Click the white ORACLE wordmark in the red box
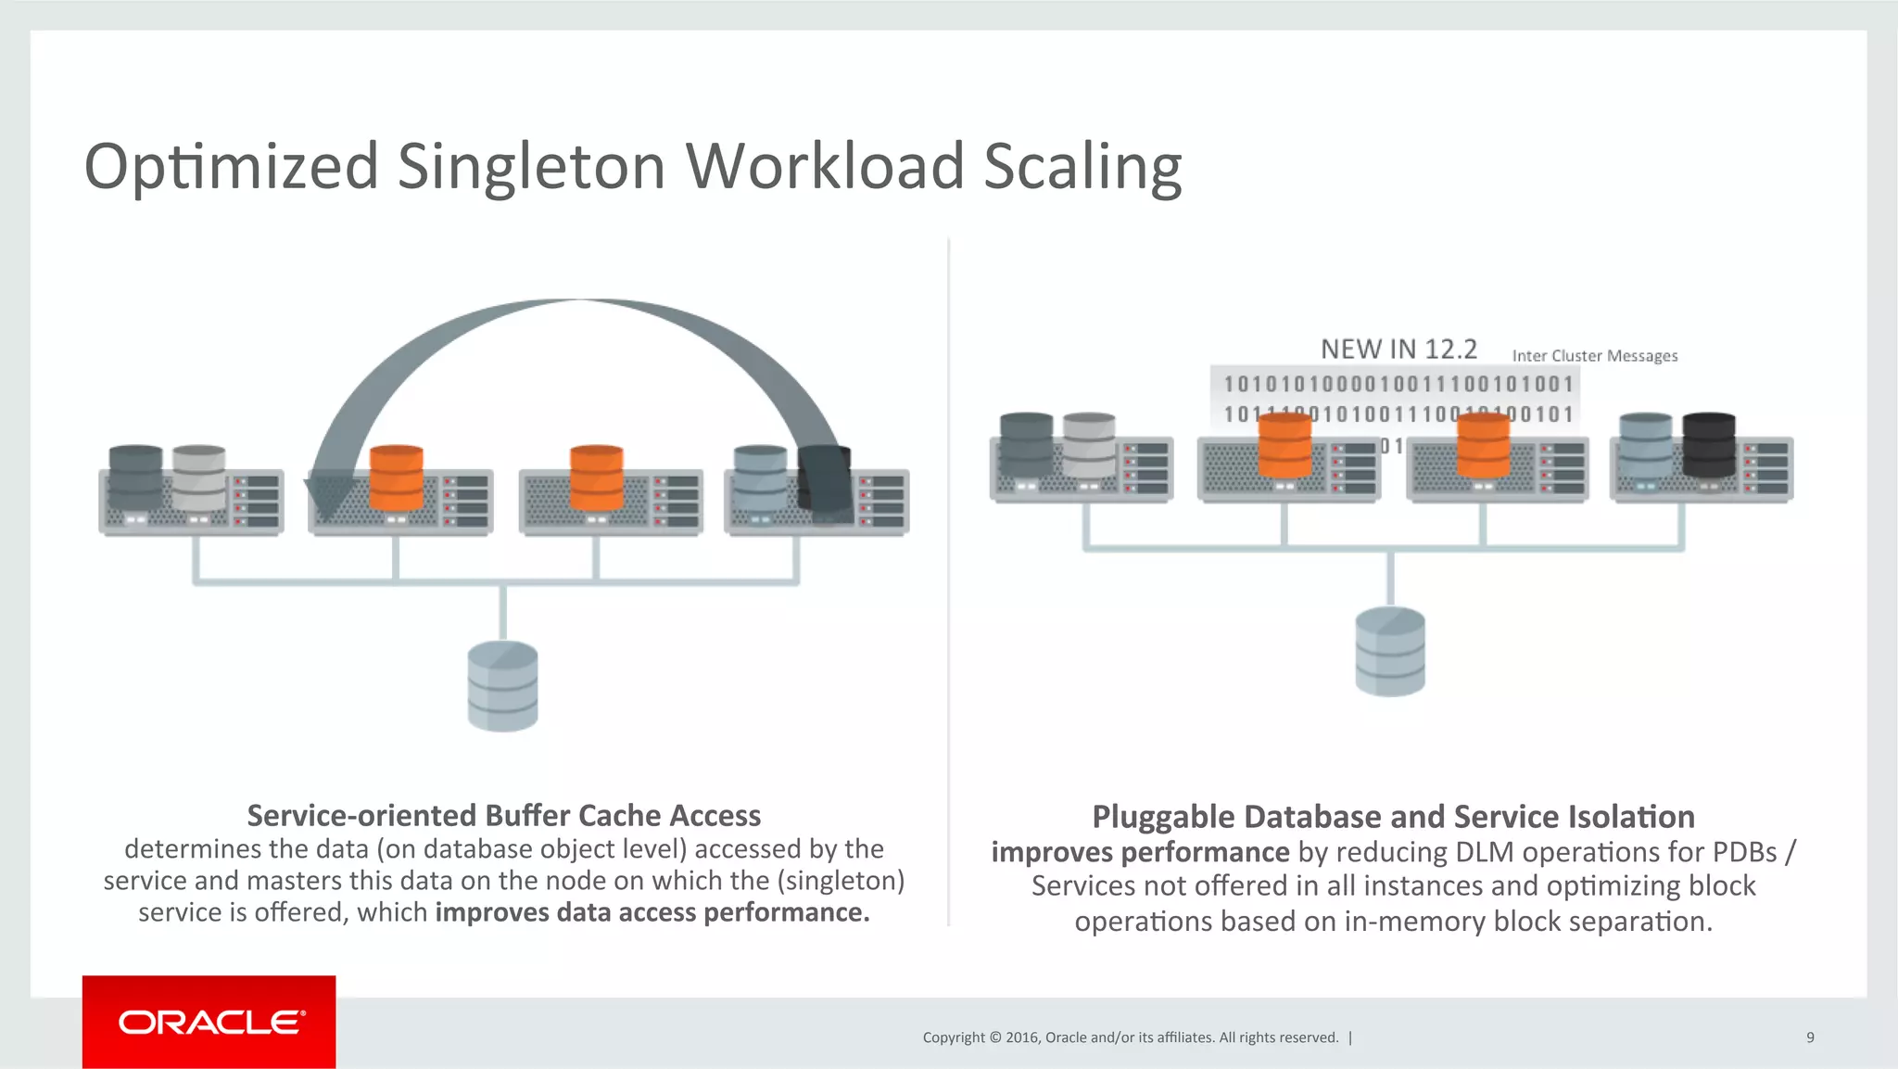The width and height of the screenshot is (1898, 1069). (x=210, y=1022)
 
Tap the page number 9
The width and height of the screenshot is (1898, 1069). (x=1810, y=1037)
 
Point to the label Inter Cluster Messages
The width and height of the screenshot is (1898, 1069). (x=1594, y=356)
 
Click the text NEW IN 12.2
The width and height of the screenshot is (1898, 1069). (x=1398, y=350)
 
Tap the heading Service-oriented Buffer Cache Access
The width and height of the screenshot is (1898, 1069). (x=503, y=815)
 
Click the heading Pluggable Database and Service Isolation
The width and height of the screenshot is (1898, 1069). (x=1393, y=817)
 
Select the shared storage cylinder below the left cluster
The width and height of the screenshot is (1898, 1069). (x=502, y=686)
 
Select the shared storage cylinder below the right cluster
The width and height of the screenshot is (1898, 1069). (x=1389, y=651)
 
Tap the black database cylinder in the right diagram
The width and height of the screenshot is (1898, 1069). (x=1708, y=444)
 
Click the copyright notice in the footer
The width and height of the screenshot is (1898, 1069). (x=1131, y=1037)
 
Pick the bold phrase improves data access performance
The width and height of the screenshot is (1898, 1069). (x=652, y=912)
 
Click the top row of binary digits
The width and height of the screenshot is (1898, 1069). (x=1398, y=385)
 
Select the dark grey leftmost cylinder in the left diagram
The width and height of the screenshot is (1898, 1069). (x=135, y=477)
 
